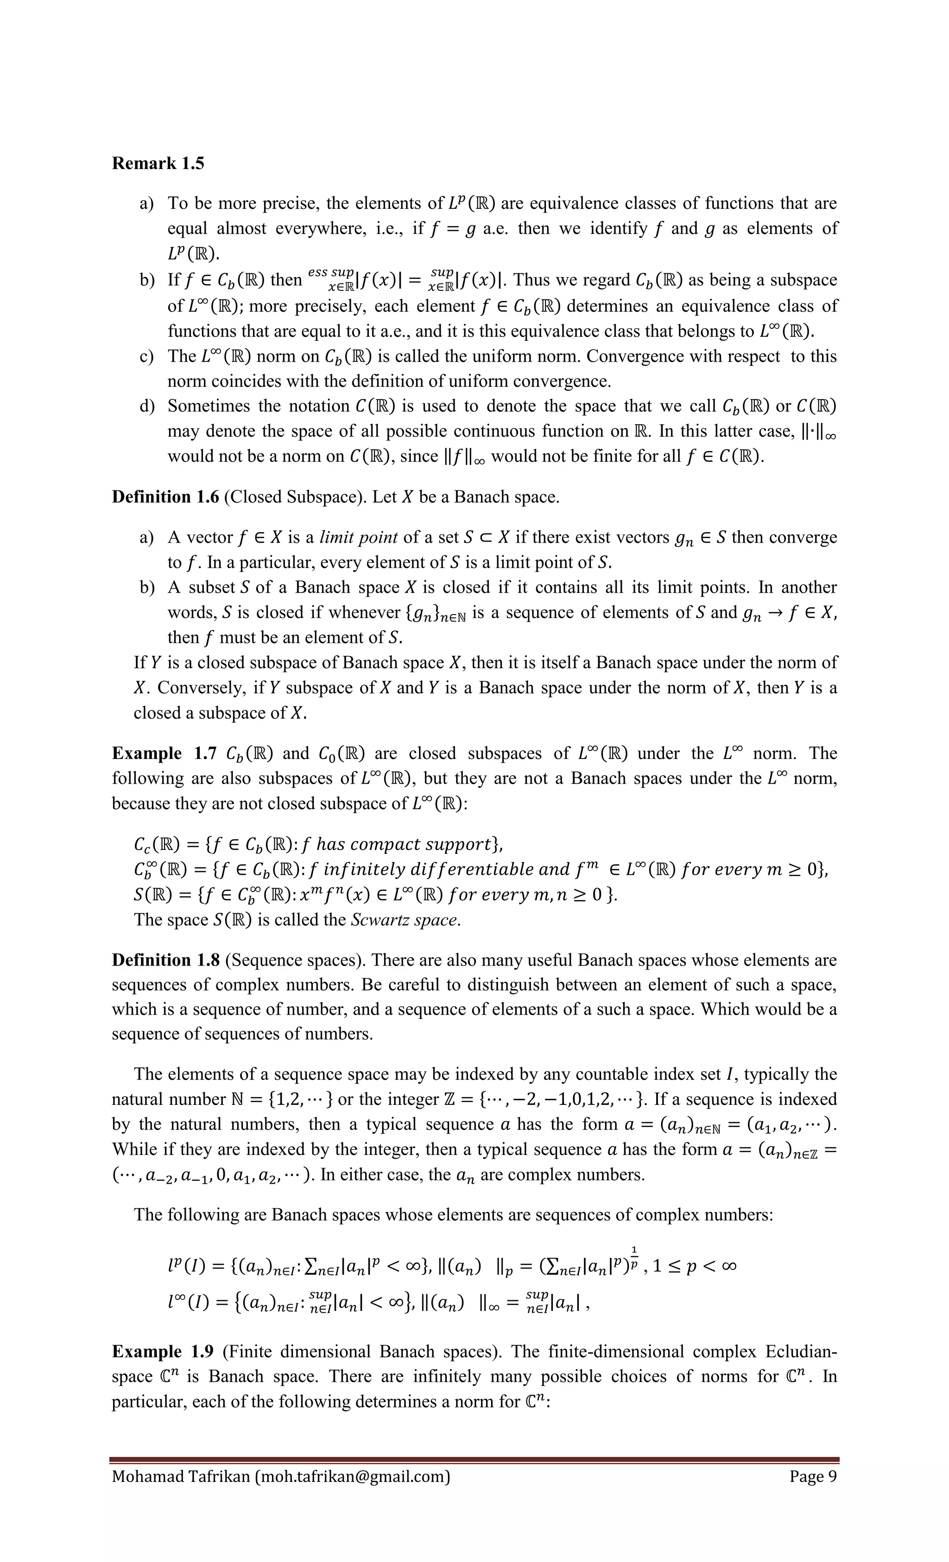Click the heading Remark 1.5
click(158, 163)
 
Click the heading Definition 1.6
click(165, 497)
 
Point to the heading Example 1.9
click(162, 1352)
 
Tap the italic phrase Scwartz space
click(405, 920)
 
